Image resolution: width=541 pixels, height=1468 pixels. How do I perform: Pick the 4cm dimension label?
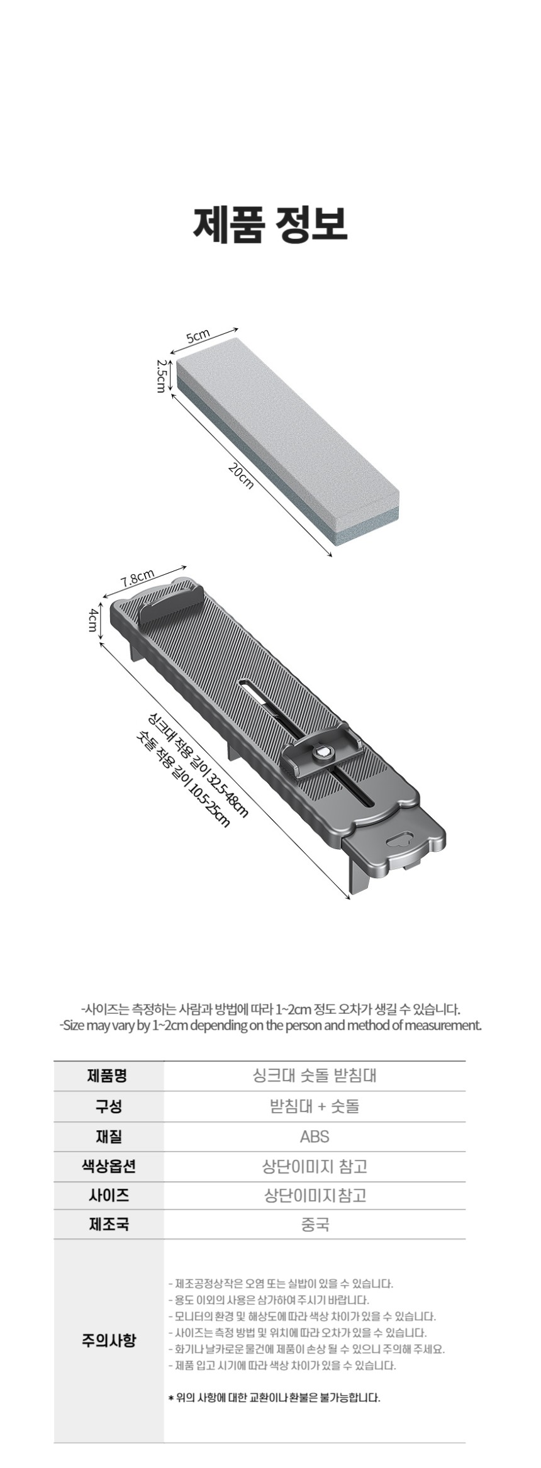tap(92, 621)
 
